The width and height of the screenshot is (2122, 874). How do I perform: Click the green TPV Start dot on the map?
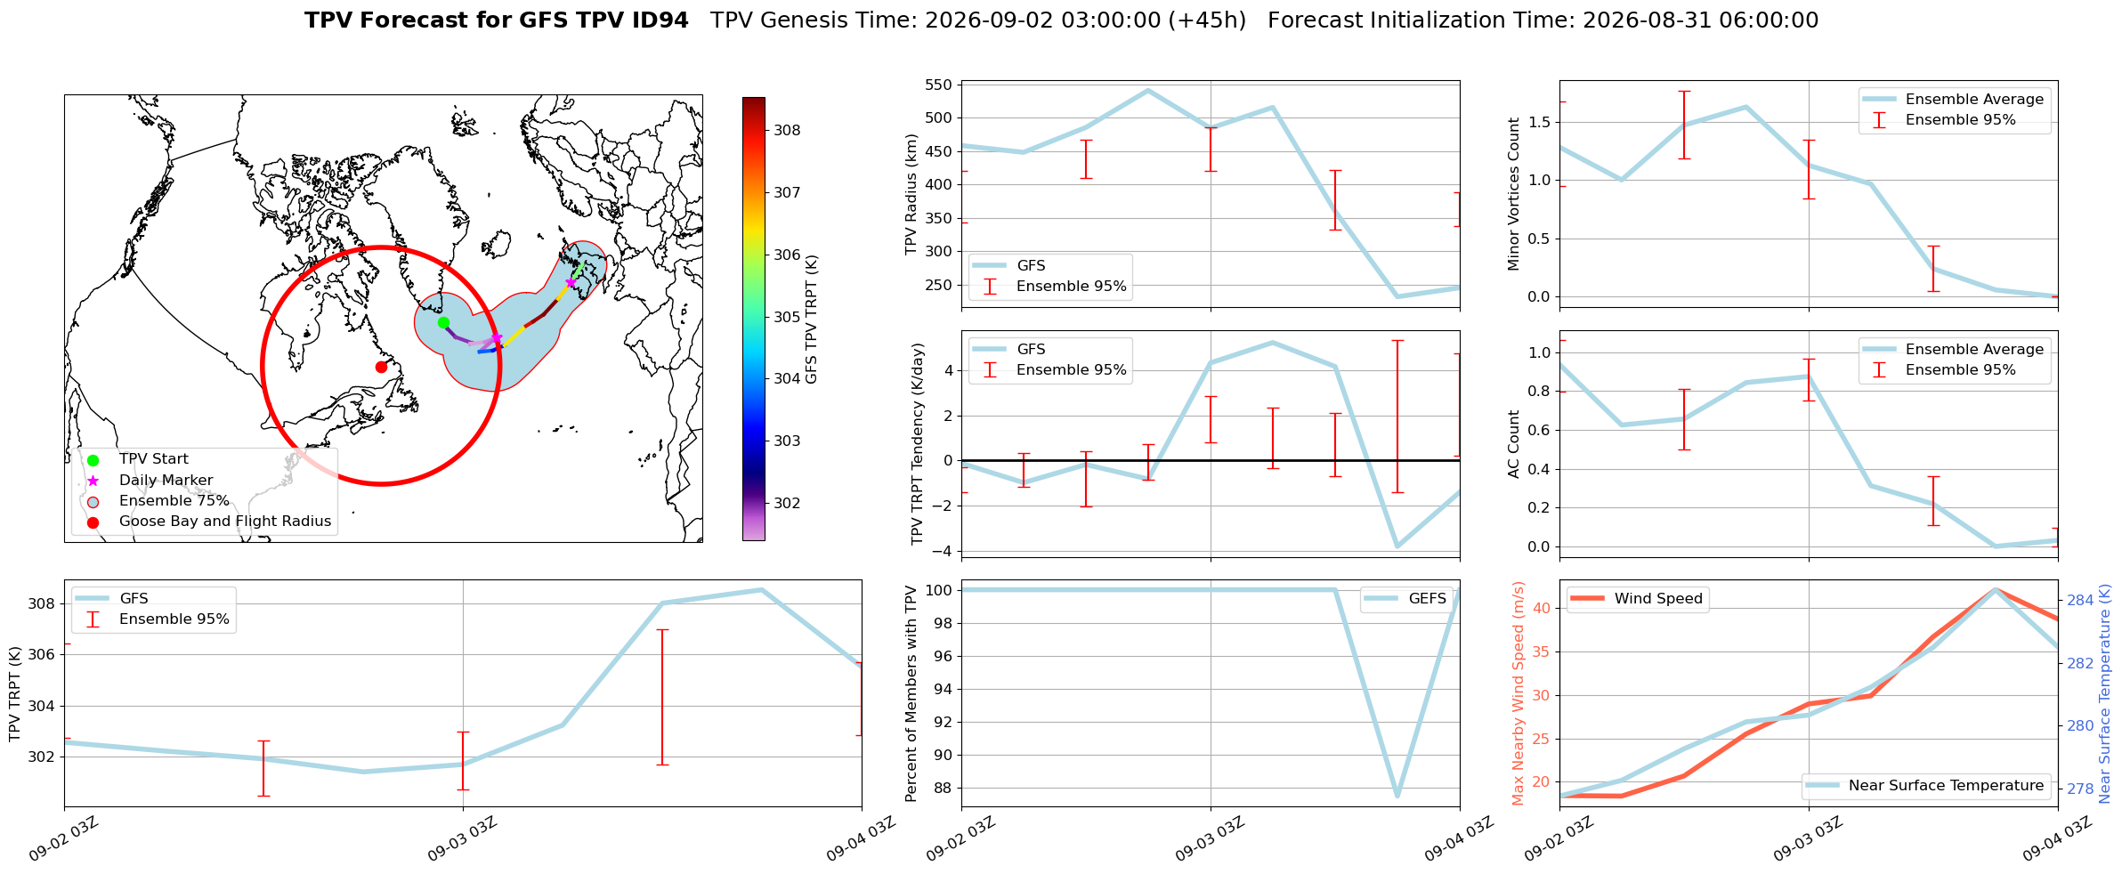click(443, 322)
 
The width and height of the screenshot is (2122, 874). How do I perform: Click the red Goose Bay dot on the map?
click(381, 367)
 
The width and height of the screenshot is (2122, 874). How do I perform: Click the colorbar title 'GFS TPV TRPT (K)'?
click(812, 320)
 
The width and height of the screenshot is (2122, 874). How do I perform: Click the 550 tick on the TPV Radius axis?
click(940, 85)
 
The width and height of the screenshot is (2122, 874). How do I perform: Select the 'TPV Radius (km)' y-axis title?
click(911, 194)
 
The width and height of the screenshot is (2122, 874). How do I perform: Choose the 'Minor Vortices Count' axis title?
click(1514, 194)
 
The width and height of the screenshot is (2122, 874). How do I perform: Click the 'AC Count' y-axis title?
click(1514, 444)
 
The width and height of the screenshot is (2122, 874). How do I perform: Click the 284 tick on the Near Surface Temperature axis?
click(2080, 600)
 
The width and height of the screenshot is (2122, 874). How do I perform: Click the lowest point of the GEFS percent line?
click(1397, 796)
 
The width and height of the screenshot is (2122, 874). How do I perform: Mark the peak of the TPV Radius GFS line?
click(1148, 90)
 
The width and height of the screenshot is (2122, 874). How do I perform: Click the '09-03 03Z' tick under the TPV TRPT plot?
click(461, 839)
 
